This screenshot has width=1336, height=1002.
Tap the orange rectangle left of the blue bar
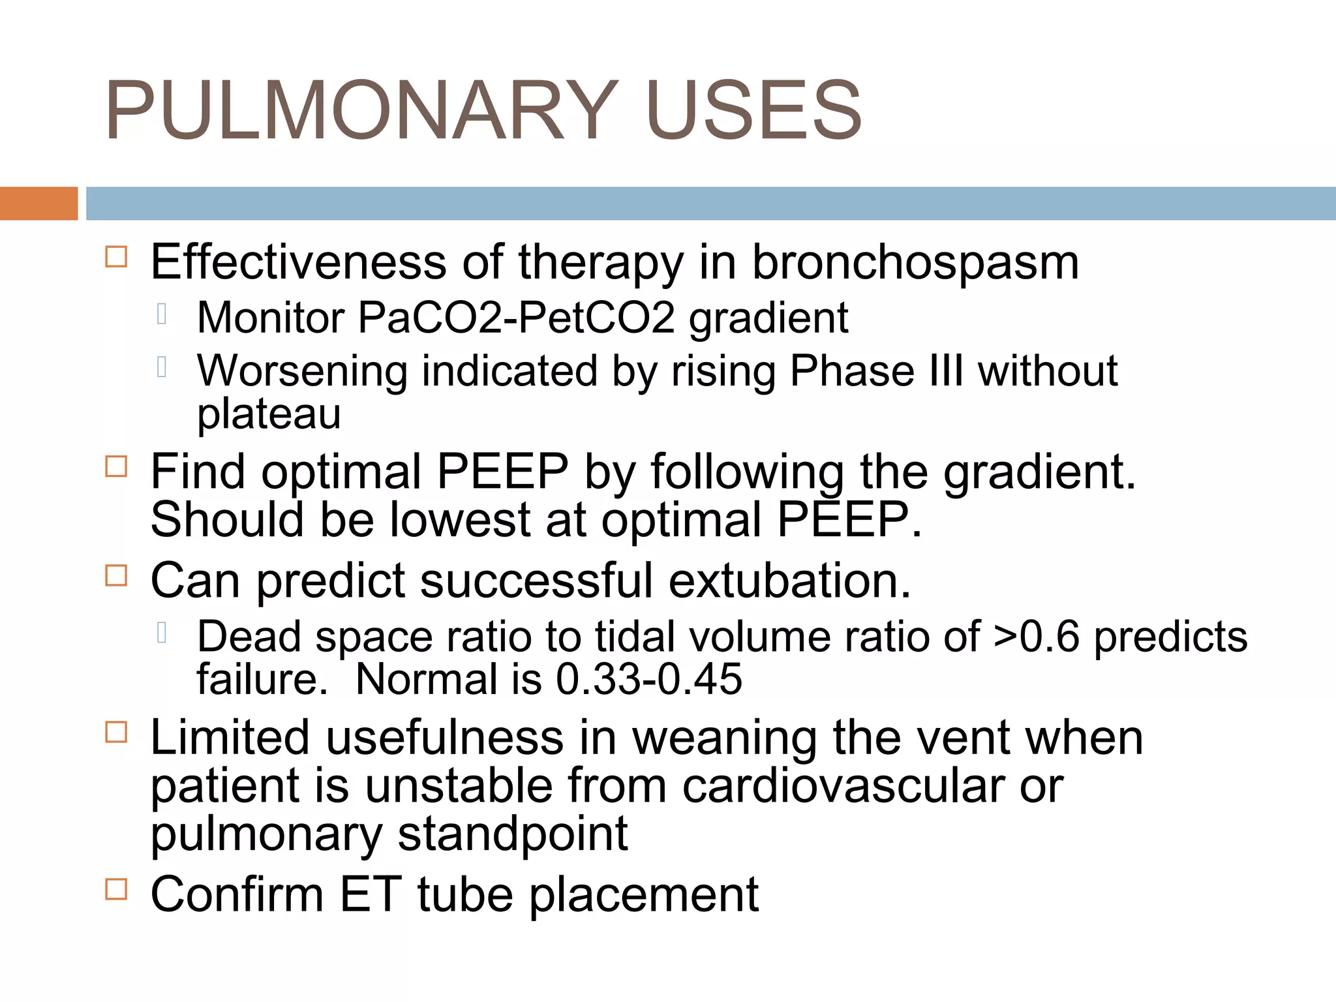[38, 204]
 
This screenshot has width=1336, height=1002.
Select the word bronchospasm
[915, 263]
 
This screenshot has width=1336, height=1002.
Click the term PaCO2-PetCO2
[516, 318]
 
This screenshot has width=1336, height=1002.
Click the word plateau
[269, 414]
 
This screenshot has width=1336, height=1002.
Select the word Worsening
[302, 371]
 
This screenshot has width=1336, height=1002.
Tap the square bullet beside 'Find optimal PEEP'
[116, 466]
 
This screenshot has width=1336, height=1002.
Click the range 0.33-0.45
[648, 679]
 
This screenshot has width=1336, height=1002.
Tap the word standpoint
[512, 834]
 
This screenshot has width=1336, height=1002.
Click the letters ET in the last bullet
[370, 894]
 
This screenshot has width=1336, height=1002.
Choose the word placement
[643, 894]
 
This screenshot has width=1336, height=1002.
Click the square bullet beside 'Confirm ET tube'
[116, 889]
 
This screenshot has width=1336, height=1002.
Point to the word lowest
[460, 520]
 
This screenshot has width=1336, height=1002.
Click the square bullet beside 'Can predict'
[116, 575]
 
